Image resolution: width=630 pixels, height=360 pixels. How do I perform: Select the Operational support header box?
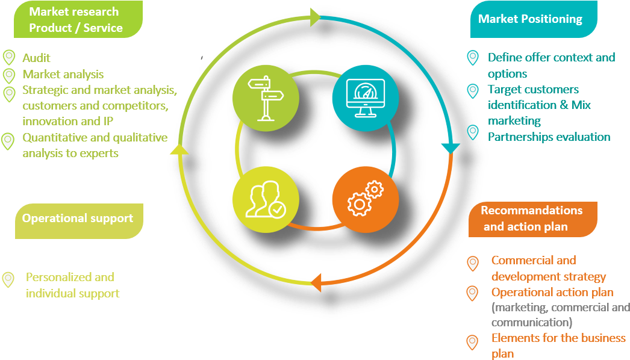78,218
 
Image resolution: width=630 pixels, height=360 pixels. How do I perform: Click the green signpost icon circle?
266,98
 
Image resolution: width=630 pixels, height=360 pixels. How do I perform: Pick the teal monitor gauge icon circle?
366,98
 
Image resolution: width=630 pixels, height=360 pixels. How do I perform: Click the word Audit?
37,58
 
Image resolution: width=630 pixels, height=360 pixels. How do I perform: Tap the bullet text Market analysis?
63,75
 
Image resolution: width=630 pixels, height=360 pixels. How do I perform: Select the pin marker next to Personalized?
8,279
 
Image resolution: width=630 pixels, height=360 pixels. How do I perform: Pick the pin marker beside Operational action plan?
473,293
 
